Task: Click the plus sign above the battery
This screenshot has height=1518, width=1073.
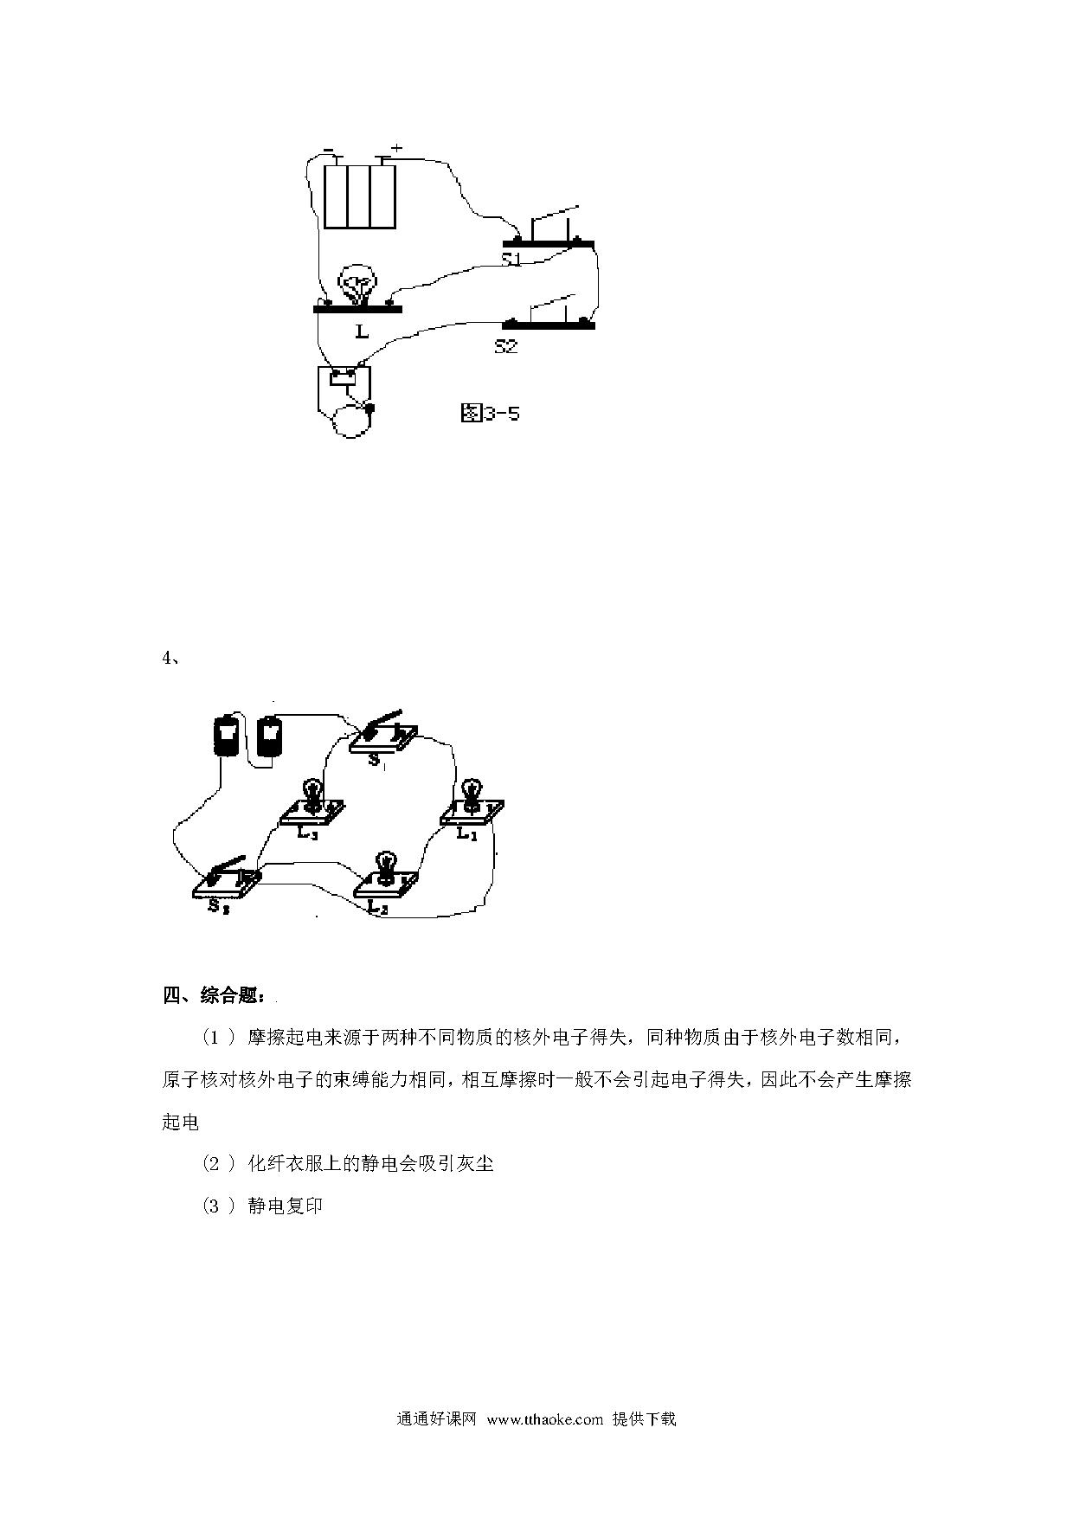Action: click(397, 148)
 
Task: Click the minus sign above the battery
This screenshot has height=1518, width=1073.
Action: click(329, 150)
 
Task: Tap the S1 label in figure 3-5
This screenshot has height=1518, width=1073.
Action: click(512, 259)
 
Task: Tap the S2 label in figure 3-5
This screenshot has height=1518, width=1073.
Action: click(506, 346)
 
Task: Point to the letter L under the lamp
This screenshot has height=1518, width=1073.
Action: click(362, 331)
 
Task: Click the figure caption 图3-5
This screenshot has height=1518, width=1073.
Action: click(490, 413)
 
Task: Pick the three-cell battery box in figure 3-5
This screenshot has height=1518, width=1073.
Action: click(360, 196)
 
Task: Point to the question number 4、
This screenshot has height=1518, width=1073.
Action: click(170, 658)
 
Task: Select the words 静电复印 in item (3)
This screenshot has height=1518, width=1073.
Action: click(285, 1206)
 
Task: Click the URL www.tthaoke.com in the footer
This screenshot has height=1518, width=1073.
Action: click(545, 1419)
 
